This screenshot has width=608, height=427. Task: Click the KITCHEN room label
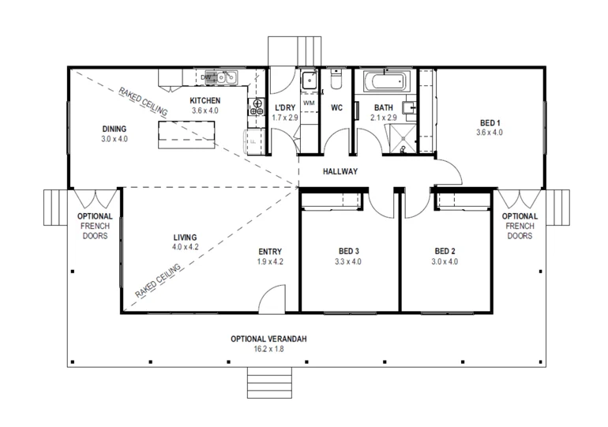(x=205, y=101)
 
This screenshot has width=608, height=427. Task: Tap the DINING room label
(x=114, y=129)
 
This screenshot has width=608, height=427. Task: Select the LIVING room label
(x=185, y=237)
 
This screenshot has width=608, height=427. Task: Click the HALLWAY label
(x=340, y=171)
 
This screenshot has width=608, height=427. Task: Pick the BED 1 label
(x=490, y=122)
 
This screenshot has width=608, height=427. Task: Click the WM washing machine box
(x=309, y=103)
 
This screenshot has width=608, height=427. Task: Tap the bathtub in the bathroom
(x=385, y=81)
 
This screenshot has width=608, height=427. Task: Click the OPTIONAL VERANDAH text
(x=268, y=339)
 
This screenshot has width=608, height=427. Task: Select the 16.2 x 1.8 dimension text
(x=268, y=348)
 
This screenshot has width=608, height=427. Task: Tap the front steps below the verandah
(x=268, y=384)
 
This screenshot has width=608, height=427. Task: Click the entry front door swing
(x=269, y=298)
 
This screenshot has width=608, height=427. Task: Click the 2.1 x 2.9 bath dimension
(x=384, y=118)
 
